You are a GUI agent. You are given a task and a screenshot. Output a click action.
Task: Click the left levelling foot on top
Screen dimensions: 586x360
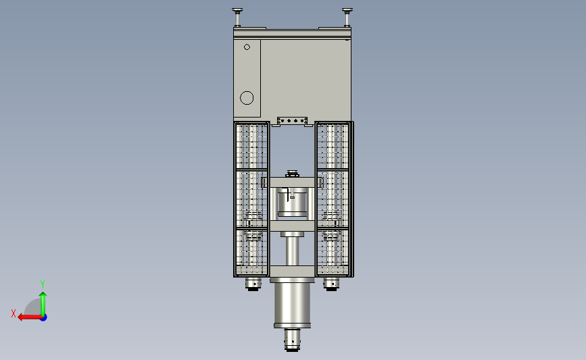237,17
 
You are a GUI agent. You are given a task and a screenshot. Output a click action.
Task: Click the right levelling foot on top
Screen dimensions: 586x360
347,17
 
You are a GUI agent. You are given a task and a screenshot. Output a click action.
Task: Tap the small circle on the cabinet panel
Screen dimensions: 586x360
247,47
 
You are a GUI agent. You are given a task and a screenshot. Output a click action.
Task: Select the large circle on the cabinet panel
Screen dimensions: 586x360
247,98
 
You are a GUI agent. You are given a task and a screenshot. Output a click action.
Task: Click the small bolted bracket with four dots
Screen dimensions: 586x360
292,121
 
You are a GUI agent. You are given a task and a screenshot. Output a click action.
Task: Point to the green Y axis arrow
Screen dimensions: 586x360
43,304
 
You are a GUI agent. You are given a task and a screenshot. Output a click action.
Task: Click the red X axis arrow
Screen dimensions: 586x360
30,317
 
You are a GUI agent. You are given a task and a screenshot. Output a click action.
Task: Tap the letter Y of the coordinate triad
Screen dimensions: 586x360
42,284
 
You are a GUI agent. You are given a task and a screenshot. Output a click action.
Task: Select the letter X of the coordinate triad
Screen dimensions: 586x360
14,313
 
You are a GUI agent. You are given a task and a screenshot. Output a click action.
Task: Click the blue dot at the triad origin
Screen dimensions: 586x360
44,318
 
